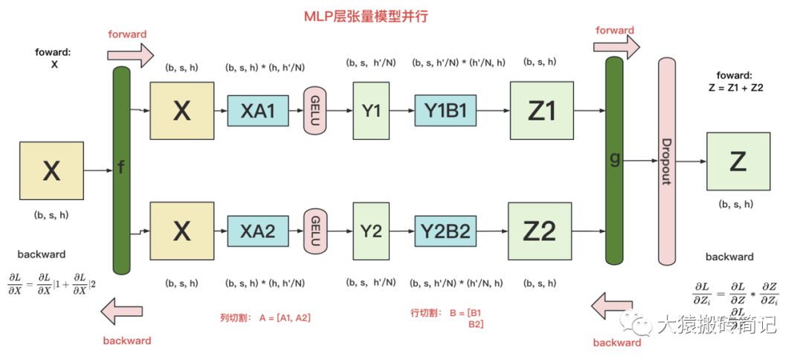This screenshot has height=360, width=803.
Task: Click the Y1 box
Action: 371,111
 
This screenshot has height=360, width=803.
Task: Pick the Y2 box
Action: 371,231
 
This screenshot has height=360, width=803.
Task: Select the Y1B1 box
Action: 445,111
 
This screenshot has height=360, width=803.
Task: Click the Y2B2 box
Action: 445,231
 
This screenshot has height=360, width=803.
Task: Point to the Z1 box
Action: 541,111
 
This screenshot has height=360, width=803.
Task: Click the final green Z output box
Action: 738,162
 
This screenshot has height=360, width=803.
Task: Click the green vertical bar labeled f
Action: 121,170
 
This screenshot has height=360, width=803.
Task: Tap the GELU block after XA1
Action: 315,111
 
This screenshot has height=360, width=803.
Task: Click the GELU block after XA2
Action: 315,231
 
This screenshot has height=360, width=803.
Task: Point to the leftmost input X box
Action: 51,172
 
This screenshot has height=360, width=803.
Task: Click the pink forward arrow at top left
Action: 130,54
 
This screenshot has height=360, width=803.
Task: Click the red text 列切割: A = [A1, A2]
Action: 264,318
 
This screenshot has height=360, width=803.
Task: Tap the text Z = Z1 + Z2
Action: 736,87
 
